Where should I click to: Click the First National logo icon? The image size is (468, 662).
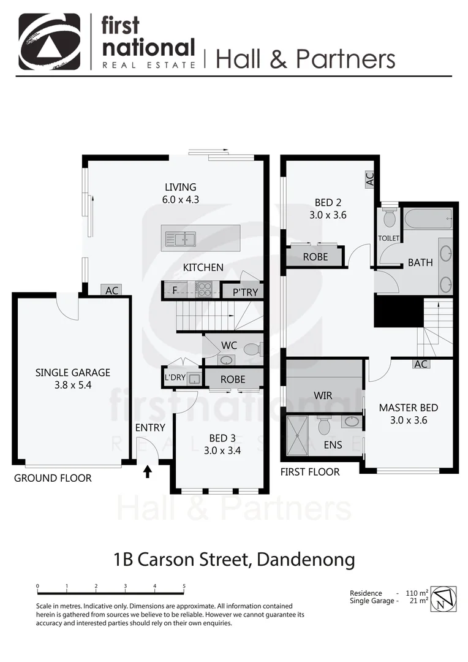49,41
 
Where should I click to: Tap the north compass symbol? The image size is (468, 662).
443,599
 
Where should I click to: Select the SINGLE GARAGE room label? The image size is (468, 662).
73,372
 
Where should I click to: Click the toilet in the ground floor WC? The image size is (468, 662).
251,349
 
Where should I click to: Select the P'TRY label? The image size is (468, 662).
245,292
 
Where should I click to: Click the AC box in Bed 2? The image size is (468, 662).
369,180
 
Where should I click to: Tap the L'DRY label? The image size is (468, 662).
175,378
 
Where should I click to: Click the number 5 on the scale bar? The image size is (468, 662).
184,587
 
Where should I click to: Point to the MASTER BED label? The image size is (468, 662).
408,408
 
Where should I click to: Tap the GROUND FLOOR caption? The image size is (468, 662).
53,478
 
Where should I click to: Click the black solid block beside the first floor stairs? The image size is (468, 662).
398,311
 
